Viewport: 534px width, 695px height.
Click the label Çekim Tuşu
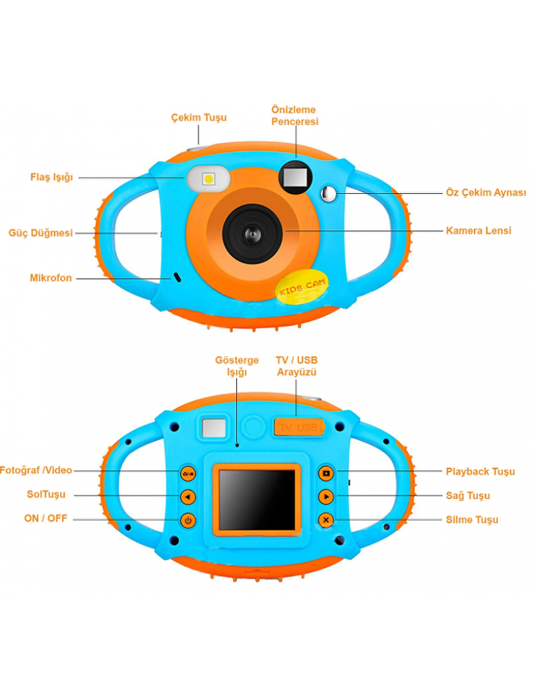tap(199, 118)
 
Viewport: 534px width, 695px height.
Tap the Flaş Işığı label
tap(51, 177)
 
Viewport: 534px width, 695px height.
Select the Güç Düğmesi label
tap(40, 233)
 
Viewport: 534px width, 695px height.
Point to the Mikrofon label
tap(51, 278)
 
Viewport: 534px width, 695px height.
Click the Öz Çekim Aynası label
tap(486, 193)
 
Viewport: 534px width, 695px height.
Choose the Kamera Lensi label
tap(478, 231)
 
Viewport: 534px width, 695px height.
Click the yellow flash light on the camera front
tap(208, 179)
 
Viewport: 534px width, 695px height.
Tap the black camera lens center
tap(252, 233)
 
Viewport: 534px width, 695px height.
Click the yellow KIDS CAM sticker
tap(302, 287)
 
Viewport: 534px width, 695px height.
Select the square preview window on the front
tap(295, 177)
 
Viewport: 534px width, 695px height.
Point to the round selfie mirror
tap(328, 194)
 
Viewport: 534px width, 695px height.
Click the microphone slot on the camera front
tap(177, 277)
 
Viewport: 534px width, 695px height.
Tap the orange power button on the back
tap(188, 521)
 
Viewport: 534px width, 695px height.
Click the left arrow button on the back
tap(188, 497)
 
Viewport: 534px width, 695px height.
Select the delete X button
tap(326, 519)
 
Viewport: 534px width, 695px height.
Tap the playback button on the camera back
tap(326, 473)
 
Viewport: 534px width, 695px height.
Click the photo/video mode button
tap(188, 473)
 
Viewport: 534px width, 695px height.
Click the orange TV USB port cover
tap(299, 427)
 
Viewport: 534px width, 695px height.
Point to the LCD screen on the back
tap(257, 500)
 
